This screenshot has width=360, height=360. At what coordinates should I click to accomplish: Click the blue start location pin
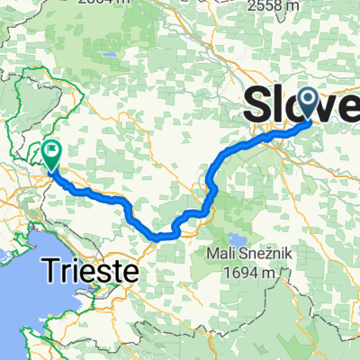coord(307,103)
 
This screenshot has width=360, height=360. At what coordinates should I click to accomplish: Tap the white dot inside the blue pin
coord(307,99)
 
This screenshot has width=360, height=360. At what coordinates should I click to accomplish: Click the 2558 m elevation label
coord(275,6)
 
